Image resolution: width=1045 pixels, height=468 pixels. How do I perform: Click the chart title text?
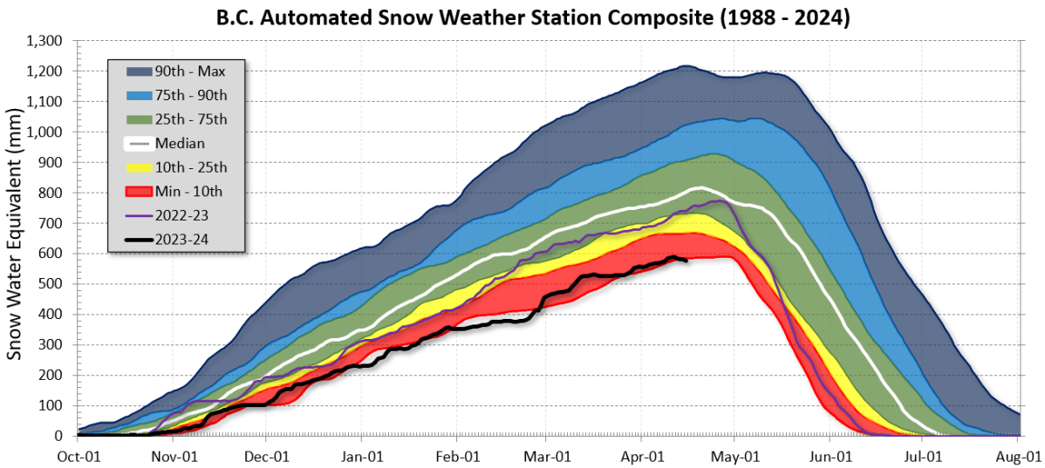click(521, 17)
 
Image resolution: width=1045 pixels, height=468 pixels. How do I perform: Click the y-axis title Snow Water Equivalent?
click(14, 235)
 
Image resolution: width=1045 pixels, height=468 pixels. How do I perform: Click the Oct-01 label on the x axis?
click(79, 455)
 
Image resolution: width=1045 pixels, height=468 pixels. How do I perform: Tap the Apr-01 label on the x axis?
click(643, 455)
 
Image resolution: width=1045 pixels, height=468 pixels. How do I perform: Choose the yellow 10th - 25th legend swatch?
click(140, 166)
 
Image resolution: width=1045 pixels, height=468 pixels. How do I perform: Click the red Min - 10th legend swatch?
click(140, 190)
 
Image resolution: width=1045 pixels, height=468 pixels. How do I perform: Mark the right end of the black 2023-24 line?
click(686, 260)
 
